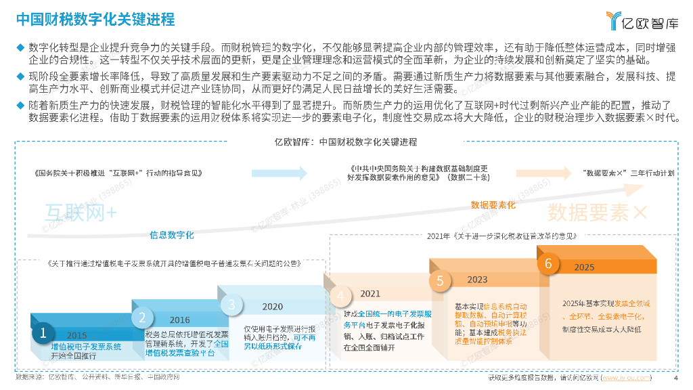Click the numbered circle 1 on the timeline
[x=43, y=332]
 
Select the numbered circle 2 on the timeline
[x=143, y=316]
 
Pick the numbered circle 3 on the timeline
[x=231, y=305]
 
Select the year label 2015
[x=77, y=335]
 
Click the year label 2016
[x=180, y=320]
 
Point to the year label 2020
[x=273, y=307]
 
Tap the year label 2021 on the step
[x=370, y=294]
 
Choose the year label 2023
[x=477, y=280]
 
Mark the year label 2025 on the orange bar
[x=585, y=267]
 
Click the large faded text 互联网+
[x=81, y=212]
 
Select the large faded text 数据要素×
[x=598, y=212]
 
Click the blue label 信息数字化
[x=172, y=235]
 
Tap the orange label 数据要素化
[x=493, y=204]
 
